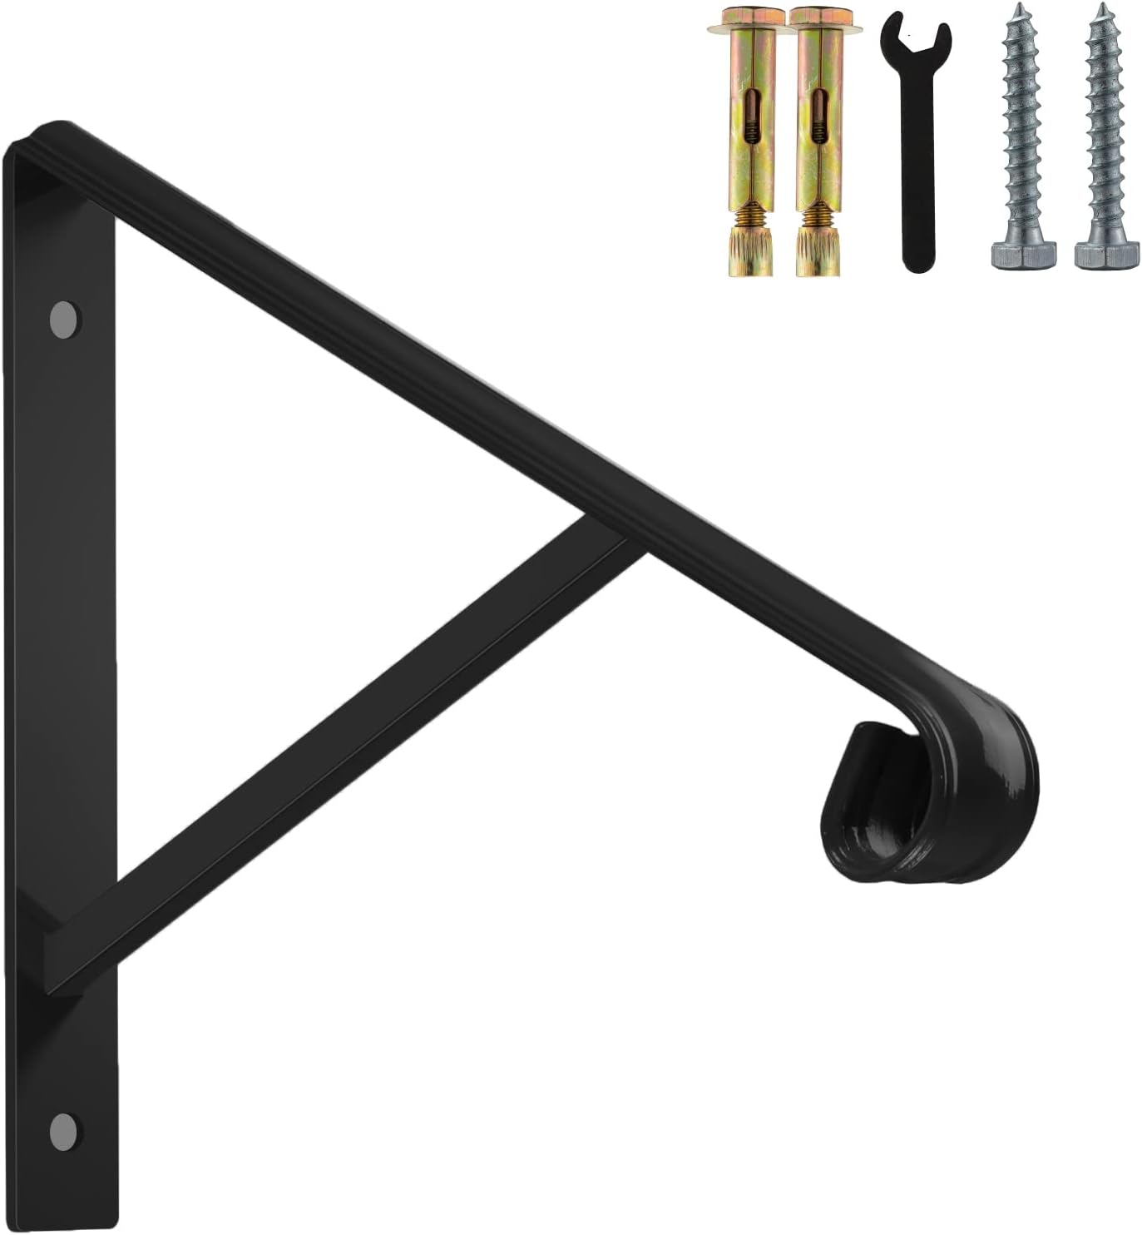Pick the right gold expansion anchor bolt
(x=815, y=141)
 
